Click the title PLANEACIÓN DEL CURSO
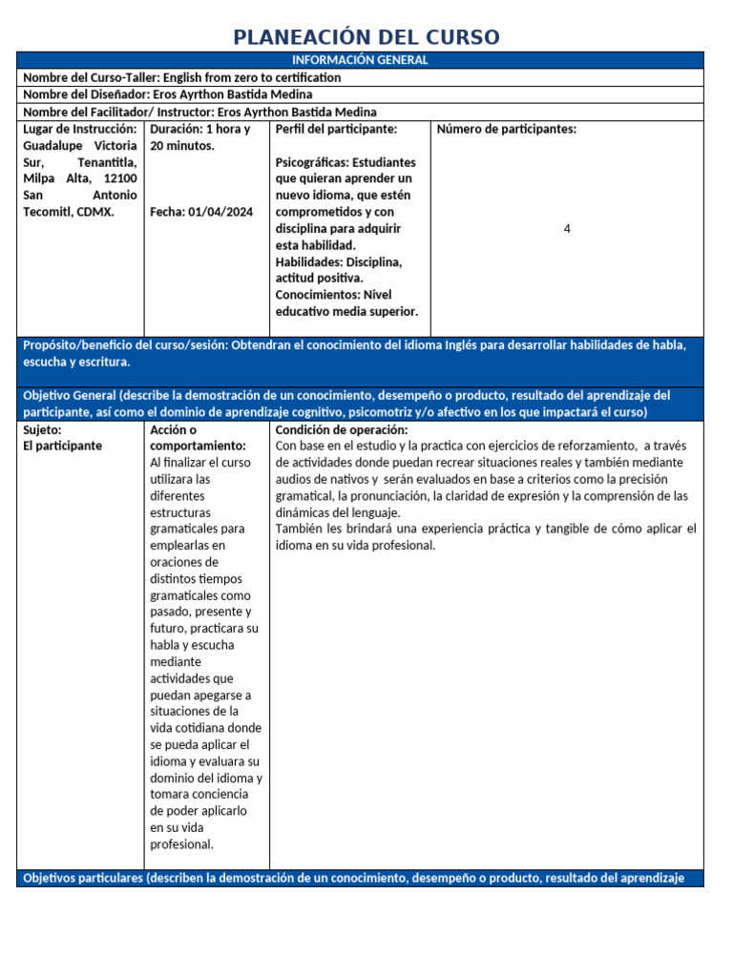coord(366,37)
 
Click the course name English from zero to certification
coord(251,77)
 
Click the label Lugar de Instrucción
coord(80,129)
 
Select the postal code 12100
coord(119,178)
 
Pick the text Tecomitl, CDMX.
coord(68,212)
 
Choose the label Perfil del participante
coord(336,129)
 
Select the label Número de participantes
coord(506,129)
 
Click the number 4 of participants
coord(567,229)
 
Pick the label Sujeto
coord(43,429)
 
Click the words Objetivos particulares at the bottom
coord(82,878)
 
